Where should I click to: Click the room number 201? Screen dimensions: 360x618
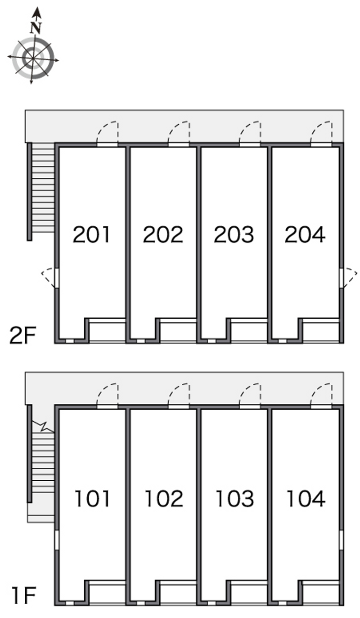click(91, 235)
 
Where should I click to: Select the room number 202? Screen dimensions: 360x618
click(163, 235)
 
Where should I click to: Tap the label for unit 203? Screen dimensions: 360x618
click(234, 235)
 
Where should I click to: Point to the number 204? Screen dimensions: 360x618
click(305, 235)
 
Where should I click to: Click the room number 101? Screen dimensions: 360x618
click(92, 499)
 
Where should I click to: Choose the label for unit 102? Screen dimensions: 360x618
click(164, 499)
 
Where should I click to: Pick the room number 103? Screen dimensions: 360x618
click(234, 499)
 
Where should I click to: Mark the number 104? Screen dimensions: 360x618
click(306, 499)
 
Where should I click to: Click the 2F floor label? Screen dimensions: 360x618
click(22, 335)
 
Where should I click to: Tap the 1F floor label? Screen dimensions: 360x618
click(24, 595)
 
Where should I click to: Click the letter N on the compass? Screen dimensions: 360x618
click(36, 27)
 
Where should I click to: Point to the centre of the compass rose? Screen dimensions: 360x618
click(33, 58)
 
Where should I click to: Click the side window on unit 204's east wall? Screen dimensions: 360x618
click(341, 278)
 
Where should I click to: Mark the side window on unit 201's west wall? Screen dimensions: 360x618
click(57, 278)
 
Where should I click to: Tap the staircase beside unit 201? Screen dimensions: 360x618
click(43, 188)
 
